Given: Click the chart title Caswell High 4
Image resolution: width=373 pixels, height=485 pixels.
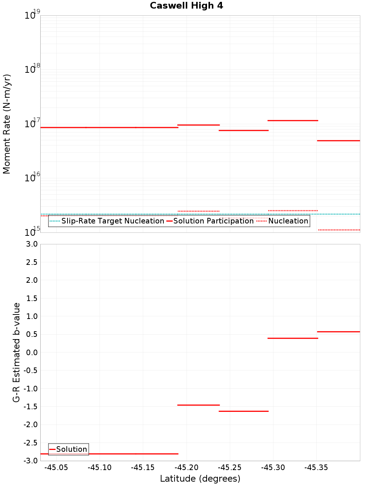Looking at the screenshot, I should tap(186, 6).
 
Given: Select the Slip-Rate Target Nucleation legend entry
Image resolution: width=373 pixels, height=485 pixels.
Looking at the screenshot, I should tap(107, 221).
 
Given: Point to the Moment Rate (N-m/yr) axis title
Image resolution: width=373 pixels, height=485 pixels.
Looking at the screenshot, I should tap(7, 124).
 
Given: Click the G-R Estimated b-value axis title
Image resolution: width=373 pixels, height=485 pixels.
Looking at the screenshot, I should tap(16, 352).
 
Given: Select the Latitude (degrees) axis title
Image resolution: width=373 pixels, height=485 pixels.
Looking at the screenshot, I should tap(200, 479).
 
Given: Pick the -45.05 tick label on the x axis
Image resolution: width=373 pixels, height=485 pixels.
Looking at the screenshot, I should tap(56, 468).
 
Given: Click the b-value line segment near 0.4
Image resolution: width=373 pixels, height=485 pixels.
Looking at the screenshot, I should tap(293, 338).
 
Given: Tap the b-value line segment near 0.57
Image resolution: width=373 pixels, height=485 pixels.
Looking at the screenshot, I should tap(338, 332).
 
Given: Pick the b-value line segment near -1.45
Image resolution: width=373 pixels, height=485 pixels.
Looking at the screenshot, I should tap(198, 405).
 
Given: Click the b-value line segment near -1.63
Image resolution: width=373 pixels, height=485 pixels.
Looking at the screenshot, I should tap(244, 411).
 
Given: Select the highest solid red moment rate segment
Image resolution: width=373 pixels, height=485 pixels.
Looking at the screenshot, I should tap(293, 121).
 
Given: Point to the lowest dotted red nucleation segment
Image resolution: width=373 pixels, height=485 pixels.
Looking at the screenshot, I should tap(339, 230).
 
